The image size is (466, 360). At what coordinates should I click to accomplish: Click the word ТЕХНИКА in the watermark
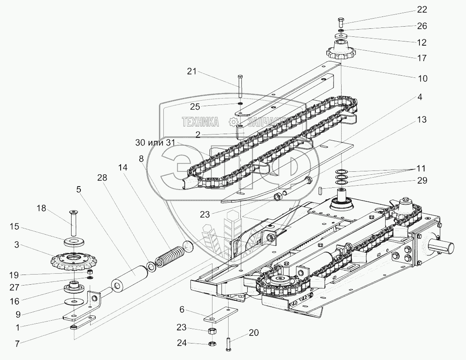click(200, 123)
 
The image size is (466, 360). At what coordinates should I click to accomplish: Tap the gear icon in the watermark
click(232, 123)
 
